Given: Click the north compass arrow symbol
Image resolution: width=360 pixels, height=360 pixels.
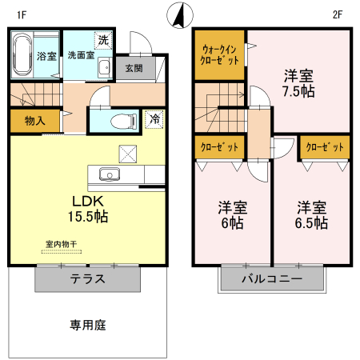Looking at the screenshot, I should point(179,14).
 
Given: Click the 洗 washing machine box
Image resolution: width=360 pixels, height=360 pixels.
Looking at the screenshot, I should point(103,39).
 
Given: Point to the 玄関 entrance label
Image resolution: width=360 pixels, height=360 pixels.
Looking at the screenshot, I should point(134,68).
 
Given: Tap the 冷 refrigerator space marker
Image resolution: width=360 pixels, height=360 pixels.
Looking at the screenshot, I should point(155,118).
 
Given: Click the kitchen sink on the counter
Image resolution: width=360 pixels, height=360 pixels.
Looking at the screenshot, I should point(106,174).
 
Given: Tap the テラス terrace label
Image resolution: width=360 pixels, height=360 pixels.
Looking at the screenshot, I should point(88,280).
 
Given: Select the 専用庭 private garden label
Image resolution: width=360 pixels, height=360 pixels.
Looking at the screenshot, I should point(88,326).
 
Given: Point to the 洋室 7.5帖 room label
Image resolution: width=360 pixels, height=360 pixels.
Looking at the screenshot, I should point(299,83).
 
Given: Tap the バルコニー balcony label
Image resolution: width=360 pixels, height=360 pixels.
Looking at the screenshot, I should point(273,280).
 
